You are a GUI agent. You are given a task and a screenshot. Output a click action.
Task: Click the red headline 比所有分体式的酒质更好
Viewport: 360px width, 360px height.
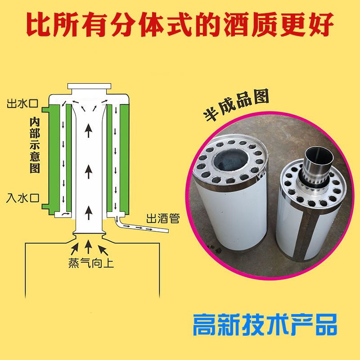click(x=180, y=25)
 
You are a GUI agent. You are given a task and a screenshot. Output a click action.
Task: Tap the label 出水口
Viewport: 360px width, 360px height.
click(x=22, y=104)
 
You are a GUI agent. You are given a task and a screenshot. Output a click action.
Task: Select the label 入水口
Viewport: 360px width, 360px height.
click(x=22, y=198)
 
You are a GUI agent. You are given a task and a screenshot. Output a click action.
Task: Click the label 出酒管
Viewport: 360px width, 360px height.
click(x=163, y=219)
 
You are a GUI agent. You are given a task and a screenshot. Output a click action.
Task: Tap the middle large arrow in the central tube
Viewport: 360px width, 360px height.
click(x=89, y=171)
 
